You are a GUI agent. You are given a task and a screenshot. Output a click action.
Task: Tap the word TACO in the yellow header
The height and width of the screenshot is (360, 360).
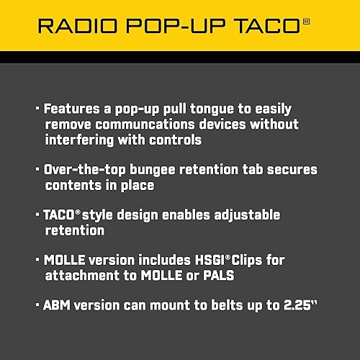coord(269,27)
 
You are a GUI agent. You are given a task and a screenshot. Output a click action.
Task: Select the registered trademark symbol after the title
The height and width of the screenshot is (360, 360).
coord(307,22)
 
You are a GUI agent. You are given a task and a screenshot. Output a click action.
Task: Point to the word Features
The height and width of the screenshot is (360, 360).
coord(72,109)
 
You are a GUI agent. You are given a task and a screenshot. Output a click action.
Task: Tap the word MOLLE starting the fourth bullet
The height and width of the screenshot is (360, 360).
coord(66,260)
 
